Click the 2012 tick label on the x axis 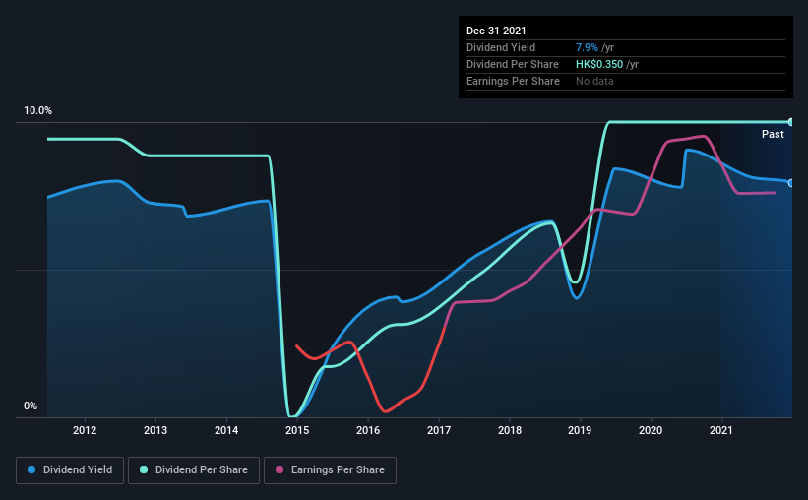[x=85, y=430]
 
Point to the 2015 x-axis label [x=297, y=430]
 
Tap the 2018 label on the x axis [x=510, y=430]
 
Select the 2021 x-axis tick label [x=721, y=430]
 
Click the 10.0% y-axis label [x=37, y=110]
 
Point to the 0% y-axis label [x=31, y=406]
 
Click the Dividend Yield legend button [x=71, y=470]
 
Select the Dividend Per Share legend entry [x=202, y=470]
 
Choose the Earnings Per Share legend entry [x=330, y=470]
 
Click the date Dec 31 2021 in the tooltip [x=497, y=31]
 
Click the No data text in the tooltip [x=594, y=81]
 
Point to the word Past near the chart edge [x=773, y=134]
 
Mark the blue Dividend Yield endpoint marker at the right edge [x=791, y=182]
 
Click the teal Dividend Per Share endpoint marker [x=791, y=122]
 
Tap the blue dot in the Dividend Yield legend [x=31, y=470]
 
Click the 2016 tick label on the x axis [x=368, y=430]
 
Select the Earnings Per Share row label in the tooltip [x=513, y=81]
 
